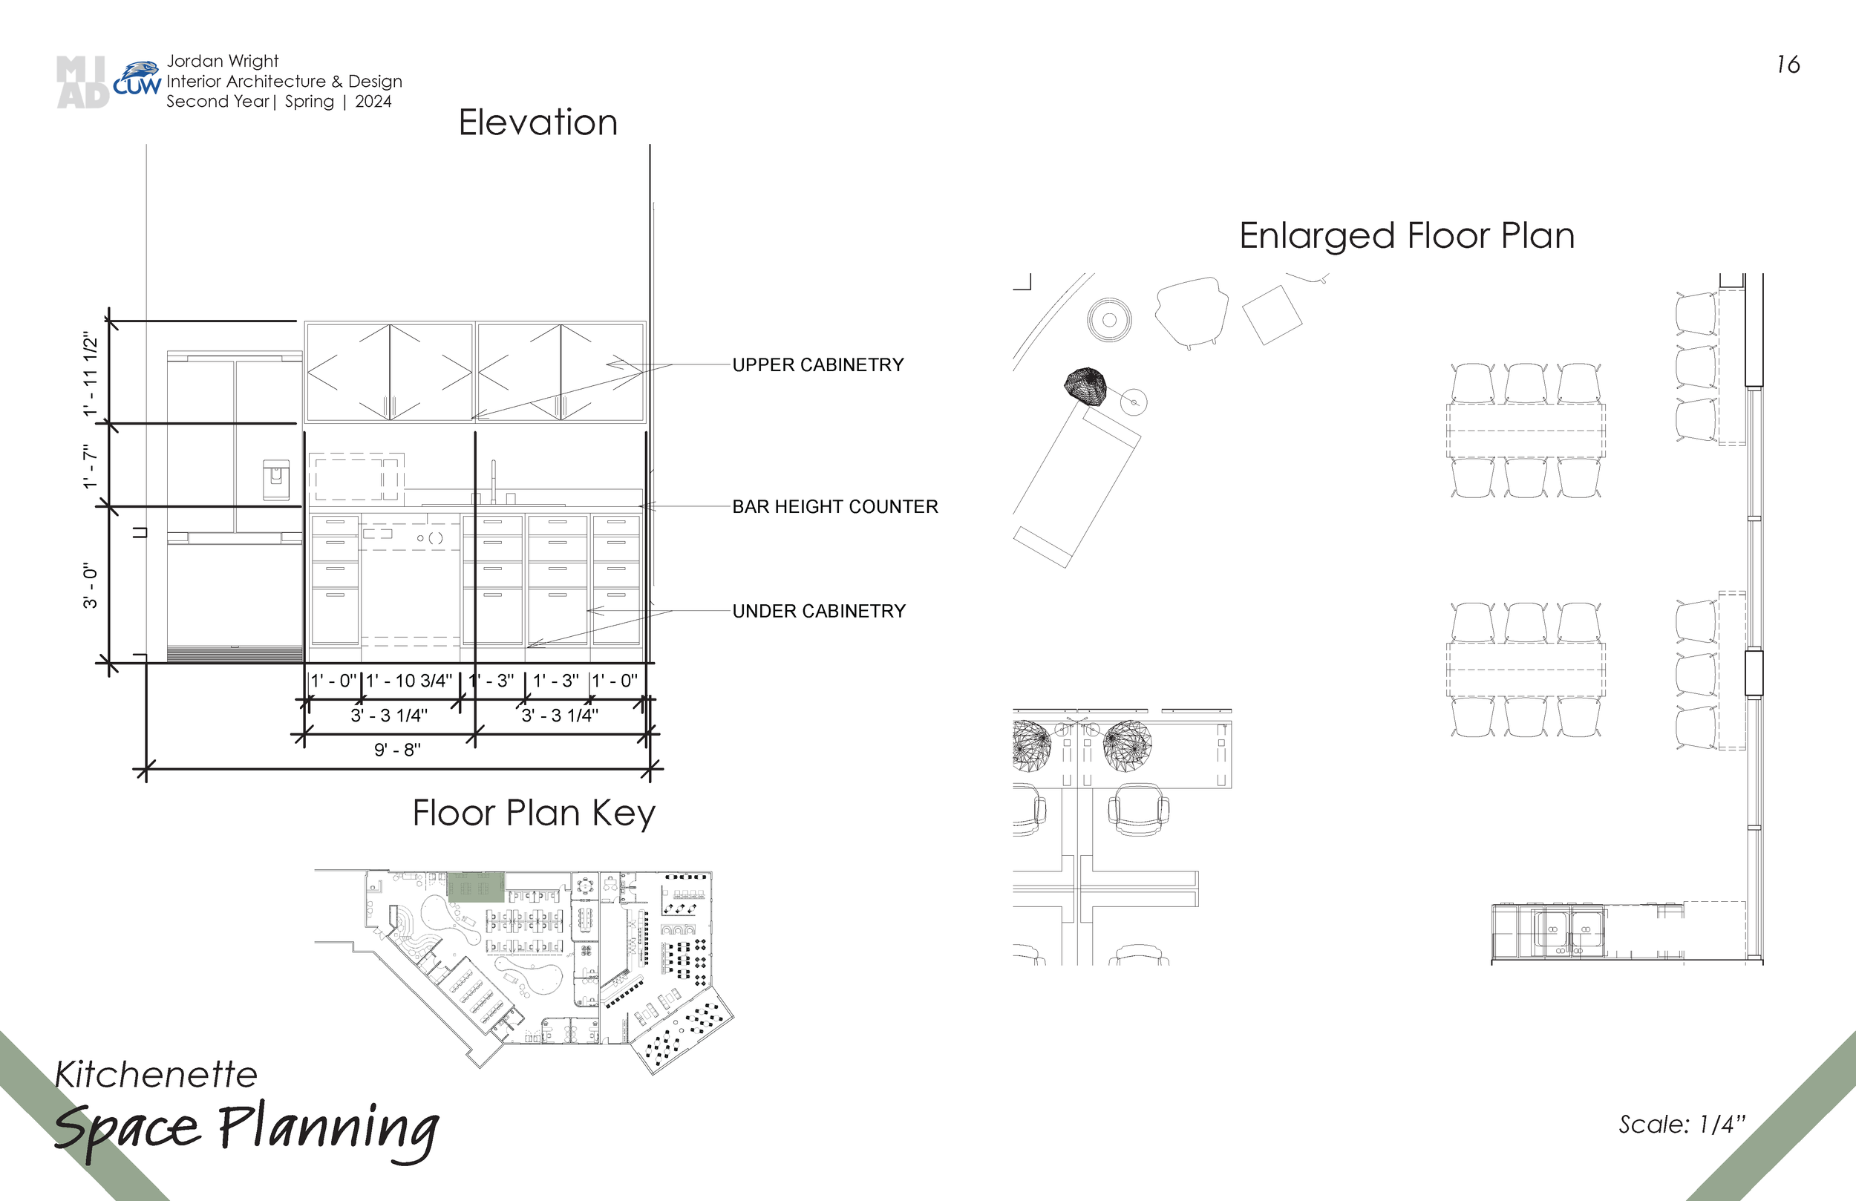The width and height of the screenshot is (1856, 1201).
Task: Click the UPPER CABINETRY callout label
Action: (818, 365)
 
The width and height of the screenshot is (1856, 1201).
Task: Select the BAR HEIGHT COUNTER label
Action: (835, 507)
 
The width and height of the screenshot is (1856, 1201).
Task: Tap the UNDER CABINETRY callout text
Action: (819, 612)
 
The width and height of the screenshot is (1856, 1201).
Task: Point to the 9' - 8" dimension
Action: (398, 750)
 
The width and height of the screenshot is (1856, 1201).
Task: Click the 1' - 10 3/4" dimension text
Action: (409, 681)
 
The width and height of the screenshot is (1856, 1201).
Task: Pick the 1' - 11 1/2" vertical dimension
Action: (91, 374)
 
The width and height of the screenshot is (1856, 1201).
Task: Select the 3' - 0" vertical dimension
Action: (91, 586)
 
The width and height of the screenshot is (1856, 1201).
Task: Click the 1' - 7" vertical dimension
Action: (91, 467)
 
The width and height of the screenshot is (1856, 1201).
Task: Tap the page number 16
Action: (1788, 65)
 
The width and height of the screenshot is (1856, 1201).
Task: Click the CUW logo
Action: (137, 79)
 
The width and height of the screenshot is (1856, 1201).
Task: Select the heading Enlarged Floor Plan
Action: (1407, 236)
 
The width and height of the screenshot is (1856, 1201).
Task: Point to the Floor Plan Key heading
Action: (535, 814)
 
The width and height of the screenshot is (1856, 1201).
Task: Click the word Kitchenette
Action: (156, 1075)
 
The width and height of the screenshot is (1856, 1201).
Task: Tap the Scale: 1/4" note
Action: (1682, 1125)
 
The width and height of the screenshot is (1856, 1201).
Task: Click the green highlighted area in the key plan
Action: (476, 888)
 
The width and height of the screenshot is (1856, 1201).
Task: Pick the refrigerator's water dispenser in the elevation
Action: (276, 480)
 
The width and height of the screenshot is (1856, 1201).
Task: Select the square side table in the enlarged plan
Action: (1272, 315)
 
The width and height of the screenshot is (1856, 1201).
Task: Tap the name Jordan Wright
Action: (222, 61)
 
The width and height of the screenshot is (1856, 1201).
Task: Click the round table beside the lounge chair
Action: (1110, 320)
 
